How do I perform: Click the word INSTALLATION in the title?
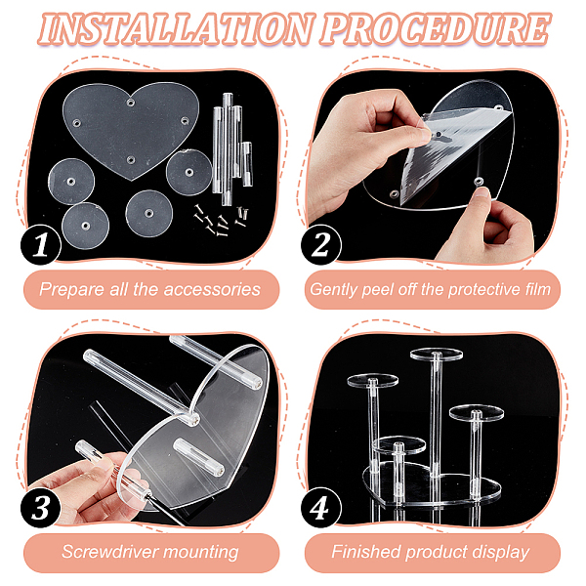point(175,28)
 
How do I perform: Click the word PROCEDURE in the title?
point(436,28)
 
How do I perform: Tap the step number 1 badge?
point(41,245)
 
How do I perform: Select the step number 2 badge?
point(320,245)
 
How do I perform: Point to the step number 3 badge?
point(41,507)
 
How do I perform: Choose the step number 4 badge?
point(320,507)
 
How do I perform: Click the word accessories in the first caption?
point(212,290)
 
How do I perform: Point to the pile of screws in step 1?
point(222,221)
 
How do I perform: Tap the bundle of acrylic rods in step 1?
point(232,148)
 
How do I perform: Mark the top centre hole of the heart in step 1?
point(131,102)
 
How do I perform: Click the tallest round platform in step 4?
point(437,354)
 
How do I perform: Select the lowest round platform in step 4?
point(398,444)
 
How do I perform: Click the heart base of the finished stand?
point(432,484)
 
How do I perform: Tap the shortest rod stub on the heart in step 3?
point(199,457)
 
